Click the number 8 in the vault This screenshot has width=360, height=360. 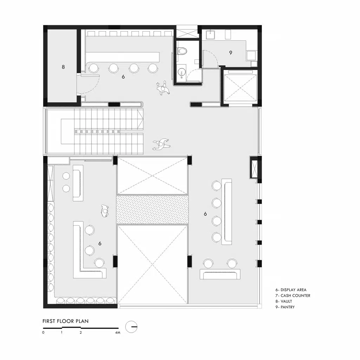(63, 67)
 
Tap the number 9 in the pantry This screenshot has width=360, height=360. (231, 53)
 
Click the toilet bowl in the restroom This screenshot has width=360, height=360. (182, 51)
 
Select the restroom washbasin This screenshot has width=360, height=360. (182, 73)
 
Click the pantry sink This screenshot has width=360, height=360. (210, 35)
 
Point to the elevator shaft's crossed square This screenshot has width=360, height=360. (240, 88)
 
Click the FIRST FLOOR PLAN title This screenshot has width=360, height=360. (65, 321)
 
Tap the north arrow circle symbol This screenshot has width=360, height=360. (131, 327)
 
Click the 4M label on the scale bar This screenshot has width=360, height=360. (117, 333)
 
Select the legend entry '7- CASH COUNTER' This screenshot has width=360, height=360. (293, 295)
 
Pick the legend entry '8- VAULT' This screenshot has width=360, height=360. (284, 301)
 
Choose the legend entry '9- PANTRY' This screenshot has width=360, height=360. (285, 307)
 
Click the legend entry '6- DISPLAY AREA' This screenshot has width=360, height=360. (291, 290)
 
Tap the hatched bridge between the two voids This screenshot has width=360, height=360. (152, 210)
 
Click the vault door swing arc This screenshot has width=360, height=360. (92, 85)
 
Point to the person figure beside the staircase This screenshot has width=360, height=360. (162, 144)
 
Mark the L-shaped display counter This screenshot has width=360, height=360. (90, 250)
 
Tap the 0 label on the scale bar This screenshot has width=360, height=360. (43, 333)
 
